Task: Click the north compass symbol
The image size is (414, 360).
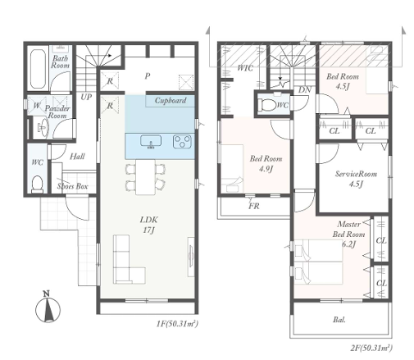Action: click(48, 308)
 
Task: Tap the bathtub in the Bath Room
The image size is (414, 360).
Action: click(38, 69)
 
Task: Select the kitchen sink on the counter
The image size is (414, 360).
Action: click(151, 142)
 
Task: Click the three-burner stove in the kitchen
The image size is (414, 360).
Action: click(182, 142)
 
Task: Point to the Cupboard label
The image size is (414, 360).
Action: click(171, 101)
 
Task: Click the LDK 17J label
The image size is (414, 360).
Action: click(148, 225)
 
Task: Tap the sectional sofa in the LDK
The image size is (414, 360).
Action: click(129, 259)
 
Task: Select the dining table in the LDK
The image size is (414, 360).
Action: click(145, 177)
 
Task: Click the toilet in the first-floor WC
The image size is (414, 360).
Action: click(37, 183)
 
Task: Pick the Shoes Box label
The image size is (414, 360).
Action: click(72, 186)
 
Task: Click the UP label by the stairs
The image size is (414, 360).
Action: click(86, 97)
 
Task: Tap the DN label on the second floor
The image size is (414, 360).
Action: click(304, 89)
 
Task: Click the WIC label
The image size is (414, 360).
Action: click(245, 68)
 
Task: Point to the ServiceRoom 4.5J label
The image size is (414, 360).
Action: click(356, 179)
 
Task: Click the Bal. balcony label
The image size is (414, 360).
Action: click(339, 320)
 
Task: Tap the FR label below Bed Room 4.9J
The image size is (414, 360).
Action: click(254, 206)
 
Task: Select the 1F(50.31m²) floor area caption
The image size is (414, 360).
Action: click(177, 324)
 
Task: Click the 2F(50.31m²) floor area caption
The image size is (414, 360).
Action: click(371, 348)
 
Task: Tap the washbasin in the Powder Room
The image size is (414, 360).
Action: click(43, 127)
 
